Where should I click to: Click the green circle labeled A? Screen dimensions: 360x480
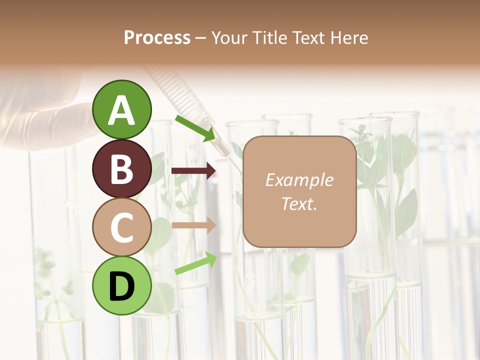(121, 109)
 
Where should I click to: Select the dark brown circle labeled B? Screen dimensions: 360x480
(121, 168)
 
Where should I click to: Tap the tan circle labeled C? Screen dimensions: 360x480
(121, 227)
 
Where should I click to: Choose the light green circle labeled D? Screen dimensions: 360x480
(121, 285)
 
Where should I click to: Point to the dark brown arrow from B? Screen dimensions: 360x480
(193, 171)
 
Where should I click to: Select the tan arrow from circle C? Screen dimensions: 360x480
(193, 225)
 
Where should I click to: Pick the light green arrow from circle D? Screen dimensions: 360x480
(195, 264)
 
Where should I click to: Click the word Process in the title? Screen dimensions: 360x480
(157, 37)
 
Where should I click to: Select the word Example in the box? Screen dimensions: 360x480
(299, 180)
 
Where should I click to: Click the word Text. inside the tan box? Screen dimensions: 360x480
(299, 203)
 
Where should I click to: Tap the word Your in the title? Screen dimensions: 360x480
(230, 37)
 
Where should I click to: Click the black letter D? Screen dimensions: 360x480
(121, 287)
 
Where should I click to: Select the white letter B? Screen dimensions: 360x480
(121, 169)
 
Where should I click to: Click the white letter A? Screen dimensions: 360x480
(121, 110)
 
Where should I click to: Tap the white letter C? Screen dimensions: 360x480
(121, 228)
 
